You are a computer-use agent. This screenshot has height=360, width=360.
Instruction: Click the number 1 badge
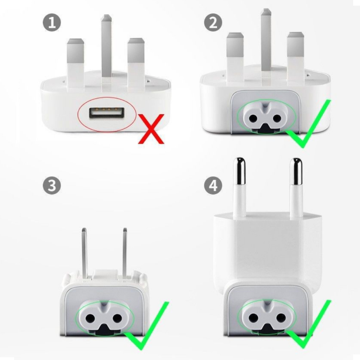[x=52, y=23]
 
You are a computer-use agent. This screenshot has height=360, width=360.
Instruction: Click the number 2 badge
[x=213, y=23]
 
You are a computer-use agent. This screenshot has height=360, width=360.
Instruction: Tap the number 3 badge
[x=52, y=186]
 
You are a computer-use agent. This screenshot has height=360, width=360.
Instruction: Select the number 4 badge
[x=213, y=186]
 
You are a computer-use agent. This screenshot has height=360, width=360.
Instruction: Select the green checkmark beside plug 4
[x=309, y=324]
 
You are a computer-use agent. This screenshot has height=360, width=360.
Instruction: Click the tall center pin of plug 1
[x=107, y=48]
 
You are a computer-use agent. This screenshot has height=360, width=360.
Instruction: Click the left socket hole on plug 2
[x=253, y=118]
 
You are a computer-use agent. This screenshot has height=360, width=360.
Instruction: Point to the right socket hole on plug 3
[x=117, y=318]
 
